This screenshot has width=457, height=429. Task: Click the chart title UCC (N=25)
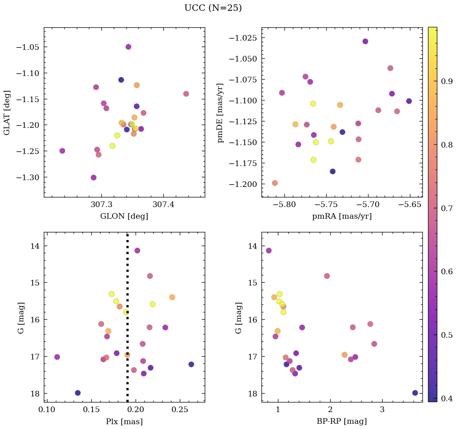[x=213, y=8]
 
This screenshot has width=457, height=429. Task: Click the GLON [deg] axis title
[x=124, y=216]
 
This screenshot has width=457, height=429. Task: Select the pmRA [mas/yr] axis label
[x=342, y=216]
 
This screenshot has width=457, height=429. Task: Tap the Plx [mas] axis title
[x=124, y=421]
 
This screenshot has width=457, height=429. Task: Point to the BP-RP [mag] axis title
[x=342, y=421]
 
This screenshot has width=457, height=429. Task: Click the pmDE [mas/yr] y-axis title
[x=220, y=112]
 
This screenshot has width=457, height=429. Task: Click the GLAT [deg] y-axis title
[x=7, y=112]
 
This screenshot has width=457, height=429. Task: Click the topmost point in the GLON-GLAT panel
[x=128, y=47]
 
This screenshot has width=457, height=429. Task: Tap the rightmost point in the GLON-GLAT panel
[x=186, y=94]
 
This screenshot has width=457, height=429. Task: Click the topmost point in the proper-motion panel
[x=365, y=41]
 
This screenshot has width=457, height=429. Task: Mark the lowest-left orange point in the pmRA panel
[x=275, y=183]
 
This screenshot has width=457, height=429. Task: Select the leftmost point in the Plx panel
[x=57, y=357]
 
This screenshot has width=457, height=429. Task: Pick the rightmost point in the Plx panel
[x=191, y=364]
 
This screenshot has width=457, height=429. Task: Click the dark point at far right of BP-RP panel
[x=415, y=393]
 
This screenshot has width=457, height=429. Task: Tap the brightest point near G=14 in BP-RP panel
[x=269, y=250]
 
